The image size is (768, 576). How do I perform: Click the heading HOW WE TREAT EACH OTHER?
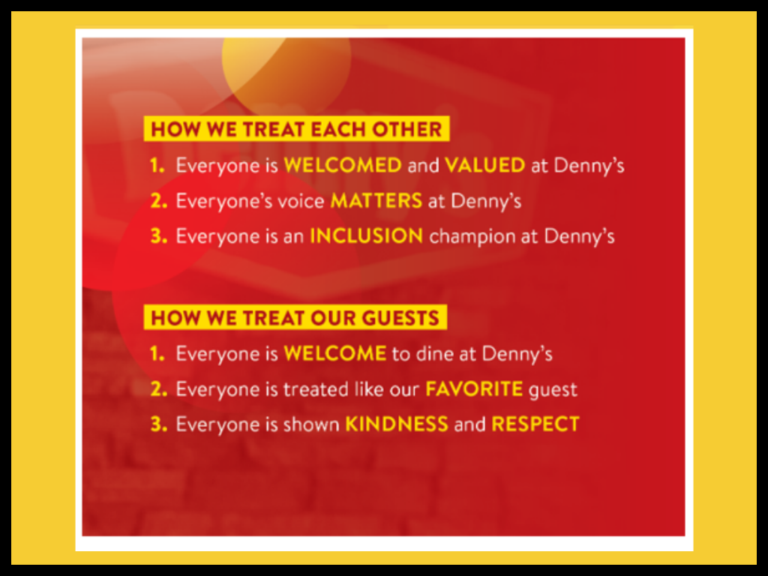pyautogui.click(x=296, y=129)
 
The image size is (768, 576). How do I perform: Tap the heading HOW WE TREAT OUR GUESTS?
pyautogui.click(x=295, y=318)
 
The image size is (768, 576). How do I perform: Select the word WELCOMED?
pyautogui.click(x=343, y=165)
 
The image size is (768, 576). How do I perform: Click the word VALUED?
pyautogui.click(x=485, y=165)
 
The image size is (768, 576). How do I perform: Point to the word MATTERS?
pyautogui.click(x=376, y=201)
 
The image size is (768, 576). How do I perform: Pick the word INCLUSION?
pyautogui.click(x=366, y=236)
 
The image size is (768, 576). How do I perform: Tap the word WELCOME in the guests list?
pyautogui.click(x=335, y=354)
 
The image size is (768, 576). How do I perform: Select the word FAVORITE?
pyautogui.click(x=474, y=389)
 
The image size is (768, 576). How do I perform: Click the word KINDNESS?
pyautogui.click(x=397, y=424)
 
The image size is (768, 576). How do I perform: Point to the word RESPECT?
pyautogui.click(x=535, y=424)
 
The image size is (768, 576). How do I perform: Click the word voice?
pyautogui.click(x=301, y=201)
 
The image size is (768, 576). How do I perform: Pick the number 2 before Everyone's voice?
pyautogui.click(x=159, y=201)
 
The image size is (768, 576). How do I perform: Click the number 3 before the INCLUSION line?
pyautogui.click(x=159, y=236)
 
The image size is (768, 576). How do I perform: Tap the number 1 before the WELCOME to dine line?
pyautogui.click(x=157, y=354)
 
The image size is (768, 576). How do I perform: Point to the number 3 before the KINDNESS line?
pyautogui.click(x=159, y=424)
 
